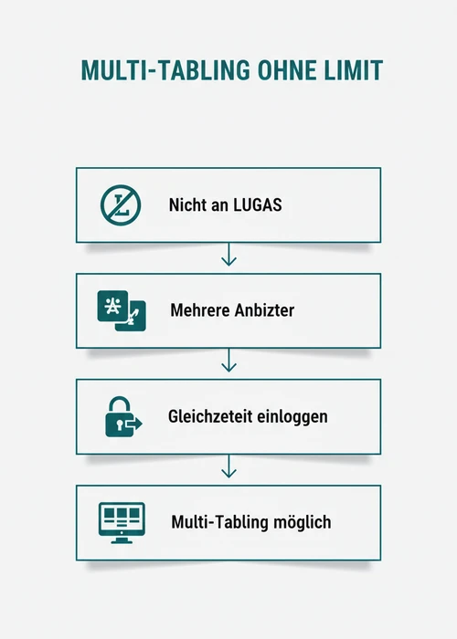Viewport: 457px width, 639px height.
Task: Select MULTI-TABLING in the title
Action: (165, 70)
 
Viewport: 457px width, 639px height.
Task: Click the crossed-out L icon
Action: (121, 205)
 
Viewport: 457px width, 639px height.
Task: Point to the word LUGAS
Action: (257, 204)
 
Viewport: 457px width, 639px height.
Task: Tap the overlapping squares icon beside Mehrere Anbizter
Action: (122, 310)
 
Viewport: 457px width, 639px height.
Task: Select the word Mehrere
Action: (194, 310)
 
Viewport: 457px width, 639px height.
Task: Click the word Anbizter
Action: (259, 310)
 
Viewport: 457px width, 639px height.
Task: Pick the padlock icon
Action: (123, 416)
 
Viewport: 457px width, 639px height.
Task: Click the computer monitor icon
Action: (122, 522)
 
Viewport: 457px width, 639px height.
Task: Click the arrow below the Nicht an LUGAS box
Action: (228, 255)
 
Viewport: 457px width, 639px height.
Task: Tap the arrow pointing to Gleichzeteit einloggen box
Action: (228, 361)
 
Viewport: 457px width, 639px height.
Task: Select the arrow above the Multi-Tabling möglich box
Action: (228, 466)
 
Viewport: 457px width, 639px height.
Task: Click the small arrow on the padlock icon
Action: (134, 424)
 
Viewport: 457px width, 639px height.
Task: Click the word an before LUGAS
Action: (219, 205)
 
